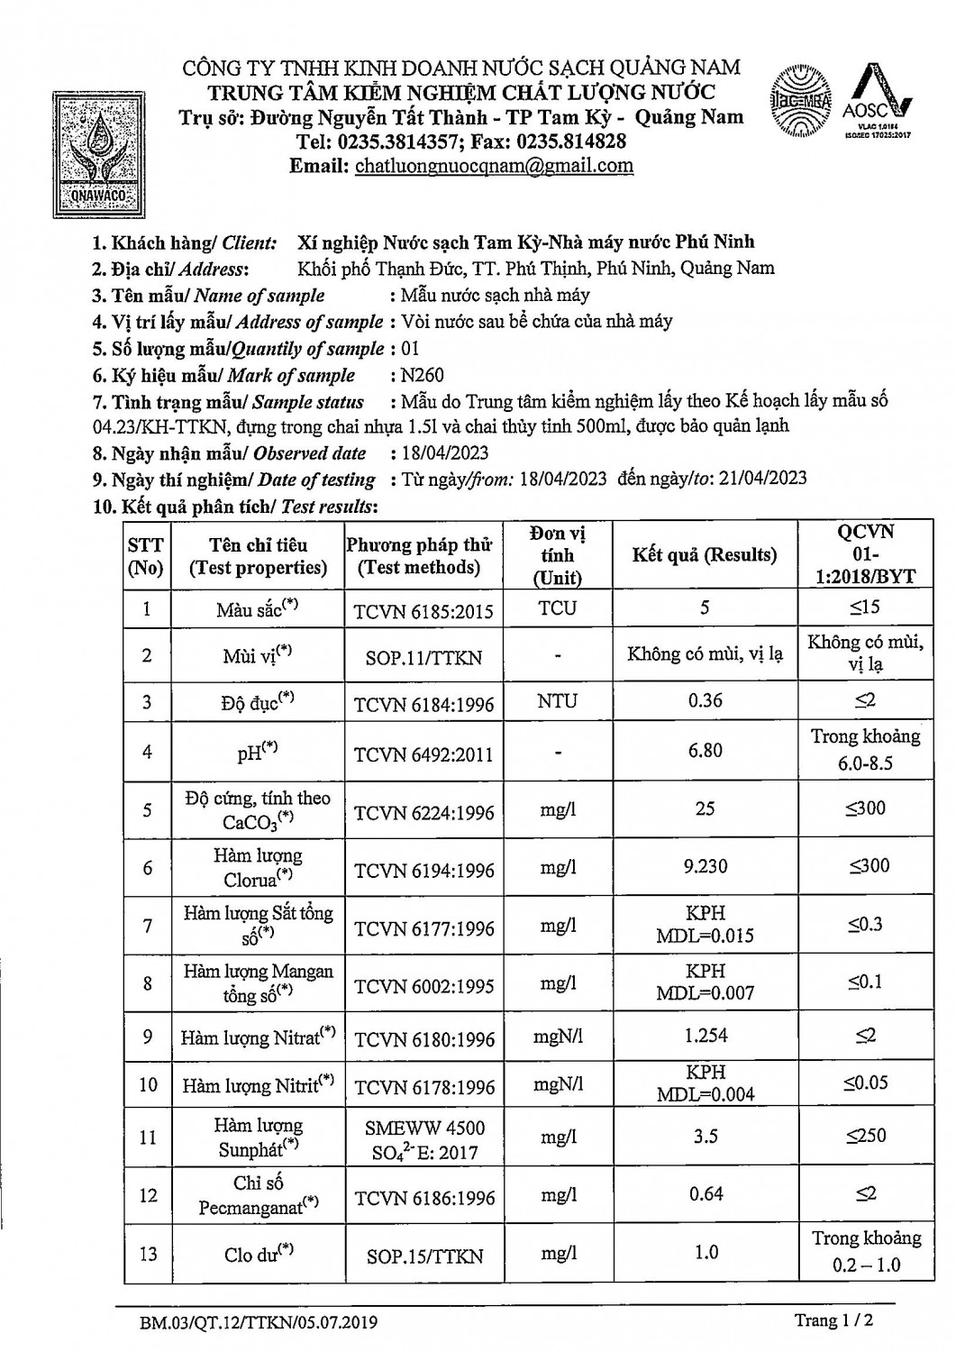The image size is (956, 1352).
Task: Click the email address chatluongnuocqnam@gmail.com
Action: click(x=494, y=166)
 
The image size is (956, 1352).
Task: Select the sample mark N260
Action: click(x=423, y=375)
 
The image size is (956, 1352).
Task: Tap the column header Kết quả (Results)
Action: click(x=704, y=554)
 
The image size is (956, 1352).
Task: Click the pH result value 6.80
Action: click(x=705, y=750)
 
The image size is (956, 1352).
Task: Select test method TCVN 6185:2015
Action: click(x=423, y=611)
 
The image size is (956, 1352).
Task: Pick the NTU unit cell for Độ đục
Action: click(x=557, y=701)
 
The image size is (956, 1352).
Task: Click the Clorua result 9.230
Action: click(x=705, y=867)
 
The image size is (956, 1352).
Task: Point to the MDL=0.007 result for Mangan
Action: click(x=705, y=993)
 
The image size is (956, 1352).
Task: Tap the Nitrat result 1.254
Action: click(x=705, y=1037)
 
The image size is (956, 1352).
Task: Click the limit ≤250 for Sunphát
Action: click(x=865, y=1136)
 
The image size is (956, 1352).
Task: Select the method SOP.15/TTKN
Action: click(x=423, y=1256)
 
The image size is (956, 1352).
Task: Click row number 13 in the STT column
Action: click(x=148, y=1254)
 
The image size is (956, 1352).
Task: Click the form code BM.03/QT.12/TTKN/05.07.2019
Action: click(x=259, y=1324)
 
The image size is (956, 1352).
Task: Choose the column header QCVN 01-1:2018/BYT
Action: click(x=865, y=554)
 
